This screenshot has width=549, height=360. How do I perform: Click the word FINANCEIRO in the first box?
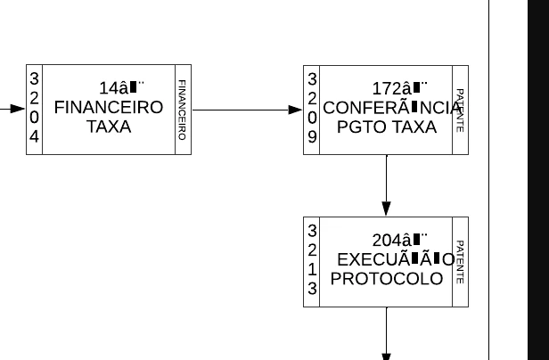pyautogui.click(x=109, y=108)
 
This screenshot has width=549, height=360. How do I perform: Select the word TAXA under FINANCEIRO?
pyautogui.click(x=109, y=127)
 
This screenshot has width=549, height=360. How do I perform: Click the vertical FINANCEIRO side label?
pyautogui.click(x=182, y=110)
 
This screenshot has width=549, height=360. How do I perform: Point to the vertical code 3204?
pyautogui.click(x=34, y=109)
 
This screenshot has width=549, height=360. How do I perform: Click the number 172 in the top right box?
pyautogui.click(x=386, y=88)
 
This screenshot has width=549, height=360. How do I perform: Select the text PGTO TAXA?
pyautogui.click(x=387, y=127)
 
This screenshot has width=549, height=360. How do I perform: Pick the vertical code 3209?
pyautogui.click(x=312, y=109)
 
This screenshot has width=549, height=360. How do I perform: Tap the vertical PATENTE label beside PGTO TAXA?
pyautogui.click(x=460, y=110)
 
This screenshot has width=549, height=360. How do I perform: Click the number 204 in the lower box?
pyautogui.click(x=386, y=240)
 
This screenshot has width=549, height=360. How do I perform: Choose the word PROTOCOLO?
pyautogui.click(x=387, y=279)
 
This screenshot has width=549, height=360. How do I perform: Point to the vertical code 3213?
pyautogui.click(x=312, y=260)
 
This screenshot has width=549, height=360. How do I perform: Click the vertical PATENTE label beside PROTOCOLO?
pyautogui.click(x=460, y=261)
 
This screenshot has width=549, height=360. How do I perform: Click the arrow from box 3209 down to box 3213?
pyautogui.click(x=386, y=185)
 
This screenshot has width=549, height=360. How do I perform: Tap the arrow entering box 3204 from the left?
pyautogui.click(x=12, y=110)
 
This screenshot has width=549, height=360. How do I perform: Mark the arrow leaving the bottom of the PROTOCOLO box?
pyautogui.click(x=386, y=333)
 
